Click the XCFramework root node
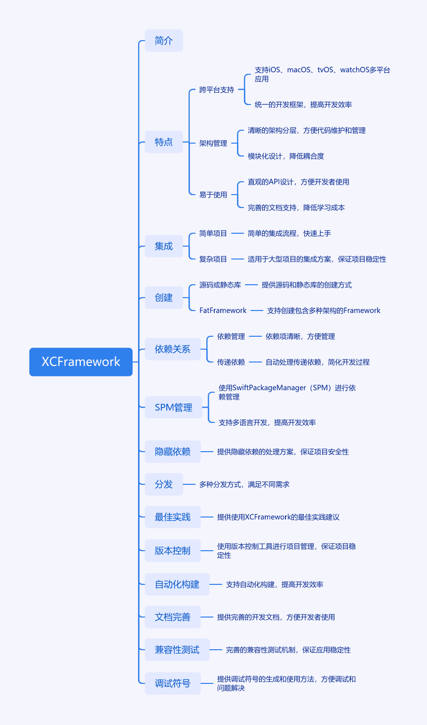point(81,362)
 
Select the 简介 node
point(164,41)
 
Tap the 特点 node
point(164,142)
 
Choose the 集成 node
point(164,246)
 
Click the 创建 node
point(164,298)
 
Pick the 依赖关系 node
point(172,349)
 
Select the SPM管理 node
point(173,407)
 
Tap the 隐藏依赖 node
point(172,452)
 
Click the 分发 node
point(164,484)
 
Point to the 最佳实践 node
point(172,517)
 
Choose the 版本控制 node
point(172,551)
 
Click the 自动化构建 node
point(177,584)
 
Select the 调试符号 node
point(172,683)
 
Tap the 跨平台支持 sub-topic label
point(216,90)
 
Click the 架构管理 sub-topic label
point(213,143)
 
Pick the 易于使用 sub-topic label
point(213,195)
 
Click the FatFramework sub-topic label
point(223,311)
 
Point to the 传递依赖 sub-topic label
point(231,362)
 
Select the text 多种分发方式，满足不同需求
point(244,484)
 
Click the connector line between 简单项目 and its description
point(237,233)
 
